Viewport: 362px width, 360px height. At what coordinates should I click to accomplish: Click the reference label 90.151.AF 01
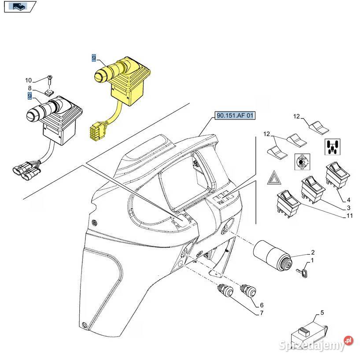pyautogui.click(x=235, y=116)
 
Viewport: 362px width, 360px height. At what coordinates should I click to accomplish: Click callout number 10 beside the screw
pyautogui.click(x=29, y=80)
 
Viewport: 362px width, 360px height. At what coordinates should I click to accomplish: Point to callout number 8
pyautogui.click(x=30, y=89)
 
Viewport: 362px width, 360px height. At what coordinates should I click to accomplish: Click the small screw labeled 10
pyautogui.click(x=50, y=79)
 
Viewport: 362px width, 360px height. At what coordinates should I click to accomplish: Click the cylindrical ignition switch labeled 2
pyautogui.click(x=271, y=255)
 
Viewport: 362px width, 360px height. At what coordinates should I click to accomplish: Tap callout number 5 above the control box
pyautogui.click(x=322, y=313)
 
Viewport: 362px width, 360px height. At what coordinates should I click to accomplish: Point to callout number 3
pyautogui.click(x=348, y=208)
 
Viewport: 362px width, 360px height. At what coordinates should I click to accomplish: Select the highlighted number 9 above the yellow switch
pyautogui.click(x=93, y=58)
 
